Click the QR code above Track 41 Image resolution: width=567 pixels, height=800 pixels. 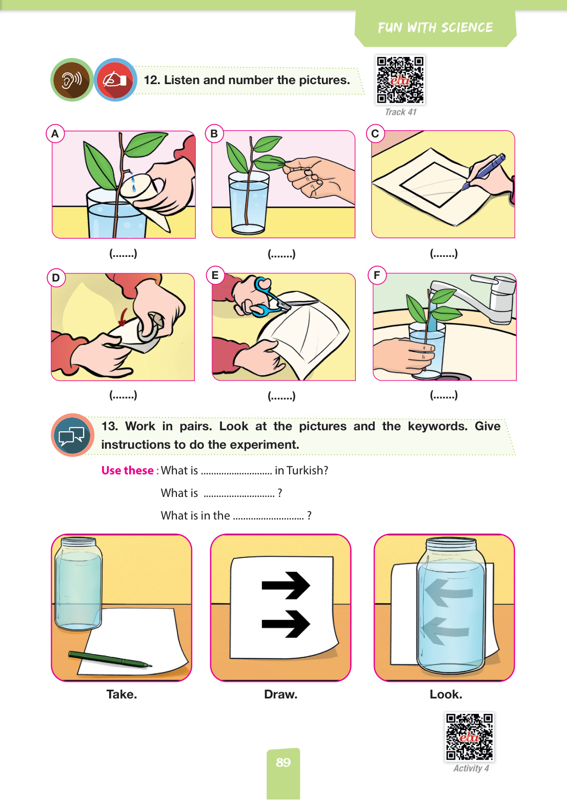pyautogui.click(x=400, y=79)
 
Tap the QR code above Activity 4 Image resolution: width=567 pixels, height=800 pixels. pyautogui.click(x=470, y=737)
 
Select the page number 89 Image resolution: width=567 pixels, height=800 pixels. pyautogui.click(x=283, y=762)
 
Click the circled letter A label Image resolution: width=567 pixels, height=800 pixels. pyautogui.click(x=55, y=133)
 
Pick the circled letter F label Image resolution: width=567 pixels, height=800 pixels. pyautogui.click(x=377, y=275)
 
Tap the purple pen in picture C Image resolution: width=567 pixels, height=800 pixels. pyautogui.click(x=484, y=171)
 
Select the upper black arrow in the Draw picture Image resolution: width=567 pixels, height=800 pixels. pyautogui.click(x=286, y=585)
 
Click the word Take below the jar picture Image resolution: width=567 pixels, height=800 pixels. pyautogui.click(x=121, y=694)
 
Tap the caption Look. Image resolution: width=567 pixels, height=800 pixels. pyautogui.click(x=445, y=694)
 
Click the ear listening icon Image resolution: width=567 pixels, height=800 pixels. pyautogui.click(x=72, y=79)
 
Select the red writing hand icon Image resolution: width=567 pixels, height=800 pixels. pyautogui.click(x=115, y=79)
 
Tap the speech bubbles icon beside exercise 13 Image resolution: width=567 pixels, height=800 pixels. pyautogui.click(x=72, y=435)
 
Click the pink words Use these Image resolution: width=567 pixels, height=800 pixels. pyautogui.click(x=128, y=470)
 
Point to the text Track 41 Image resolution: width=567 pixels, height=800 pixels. pyautogui.click(x=400, y=112)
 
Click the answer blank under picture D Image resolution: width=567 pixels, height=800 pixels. pyautogui.click(x=123, y=395)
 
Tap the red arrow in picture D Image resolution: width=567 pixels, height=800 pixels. pyautogui.click(x=123, y=317)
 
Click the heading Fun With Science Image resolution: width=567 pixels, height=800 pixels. pyautogui.click(x=435, y=28)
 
